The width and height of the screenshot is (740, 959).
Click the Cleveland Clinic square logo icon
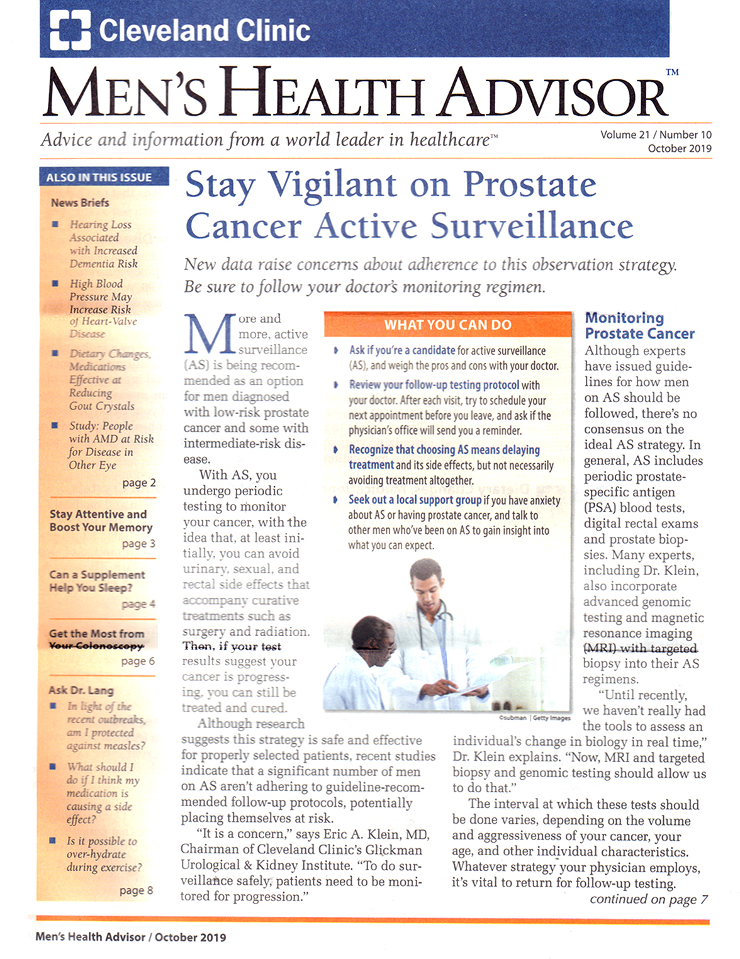[x=70, y=30]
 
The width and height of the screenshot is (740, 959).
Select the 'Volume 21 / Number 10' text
[x=656, y=135]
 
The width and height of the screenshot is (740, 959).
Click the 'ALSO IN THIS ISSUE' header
[x=99, y=177]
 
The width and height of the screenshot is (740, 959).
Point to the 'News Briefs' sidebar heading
[x=80, y=203]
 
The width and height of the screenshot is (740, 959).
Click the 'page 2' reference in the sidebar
[x=139, y=483]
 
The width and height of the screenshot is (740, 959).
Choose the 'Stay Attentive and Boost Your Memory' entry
[x=101, y=521]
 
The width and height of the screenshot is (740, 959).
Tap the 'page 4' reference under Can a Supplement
[x=138, y=604]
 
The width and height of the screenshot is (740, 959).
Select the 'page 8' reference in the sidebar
[x=136, y=890]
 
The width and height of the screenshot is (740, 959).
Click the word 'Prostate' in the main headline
[x=530, y=185]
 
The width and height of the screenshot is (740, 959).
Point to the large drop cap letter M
[x=210, y=334]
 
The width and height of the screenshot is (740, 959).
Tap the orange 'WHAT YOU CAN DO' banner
[x=448, y=325]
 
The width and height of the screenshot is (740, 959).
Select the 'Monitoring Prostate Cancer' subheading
[x=639, y=325]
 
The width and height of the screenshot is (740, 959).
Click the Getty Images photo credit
[x=534, y=718]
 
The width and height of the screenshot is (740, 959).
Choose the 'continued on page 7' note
[x=648, y=899]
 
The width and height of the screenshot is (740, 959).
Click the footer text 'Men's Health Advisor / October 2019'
[x=131, y=937]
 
